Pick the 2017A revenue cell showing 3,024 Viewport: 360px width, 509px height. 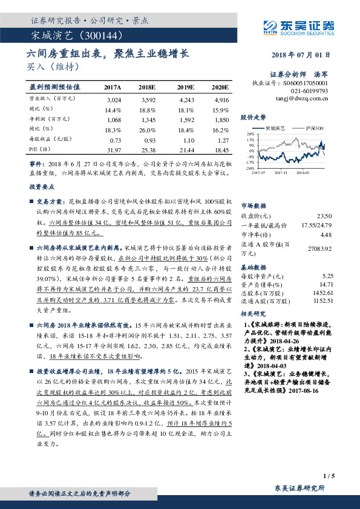(x=113, y=99)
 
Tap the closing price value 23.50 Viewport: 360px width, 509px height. (x=324, y=216)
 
